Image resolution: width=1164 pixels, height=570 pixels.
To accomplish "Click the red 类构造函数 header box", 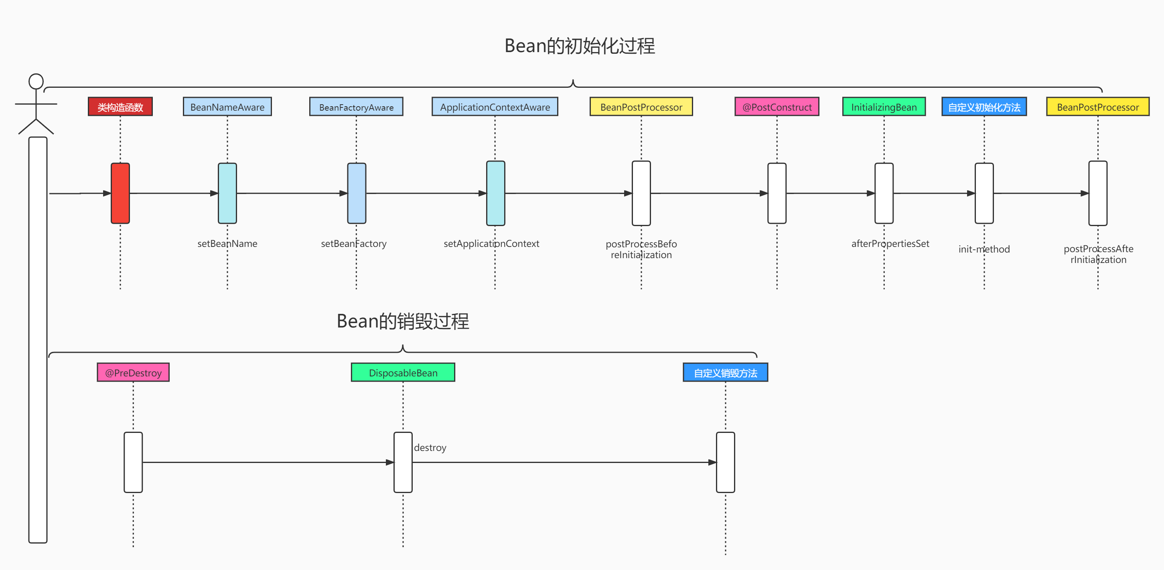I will [x=120, y=107].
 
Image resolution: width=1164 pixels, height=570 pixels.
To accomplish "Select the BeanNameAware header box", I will [x=227, y=107].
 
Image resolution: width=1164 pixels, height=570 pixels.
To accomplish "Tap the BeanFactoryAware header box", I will [x=356, y=107].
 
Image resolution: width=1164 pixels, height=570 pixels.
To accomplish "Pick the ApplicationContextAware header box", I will [x=495, y=107].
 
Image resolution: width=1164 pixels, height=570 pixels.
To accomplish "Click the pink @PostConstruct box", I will [x=777, y=107].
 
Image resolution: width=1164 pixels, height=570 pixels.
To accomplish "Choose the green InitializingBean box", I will [x=884, y=107].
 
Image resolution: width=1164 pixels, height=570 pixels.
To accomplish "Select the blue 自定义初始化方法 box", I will [x=984, y=107].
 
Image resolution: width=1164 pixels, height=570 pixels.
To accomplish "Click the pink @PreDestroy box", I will [x=133, y=373].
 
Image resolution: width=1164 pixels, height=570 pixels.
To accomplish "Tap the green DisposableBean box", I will [x=403, y=373].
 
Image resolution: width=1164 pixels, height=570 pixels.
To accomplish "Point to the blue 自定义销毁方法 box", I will [x=725, y=373].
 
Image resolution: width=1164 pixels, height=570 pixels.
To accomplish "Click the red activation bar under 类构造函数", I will [x=120, y=193].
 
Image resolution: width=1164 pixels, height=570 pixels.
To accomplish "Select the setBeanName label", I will [x=227, y=243].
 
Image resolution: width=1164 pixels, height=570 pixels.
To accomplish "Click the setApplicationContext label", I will [x=491, y=243].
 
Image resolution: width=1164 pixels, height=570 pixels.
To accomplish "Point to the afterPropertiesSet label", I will [x=890, y=243].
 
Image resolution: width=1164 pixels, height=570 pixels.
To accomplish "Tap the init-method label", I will [x=984, y=249].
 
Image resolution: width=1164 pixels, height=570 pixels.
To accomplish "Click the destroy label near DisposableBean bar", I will [x=430, y=448].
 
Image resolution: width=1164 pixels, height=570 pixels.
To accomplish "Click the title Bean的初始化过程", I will [x=580, y=46].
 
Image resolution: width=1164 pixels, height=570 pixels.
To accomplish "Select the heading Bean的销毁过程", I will [x=403, y=321].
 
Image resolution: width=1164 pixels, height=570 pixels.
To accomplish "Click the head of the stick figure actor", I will [x=36, y=81].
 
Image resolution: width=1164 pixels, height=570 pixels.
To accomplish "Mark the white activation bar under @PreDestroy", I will [x=133, y=462].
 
